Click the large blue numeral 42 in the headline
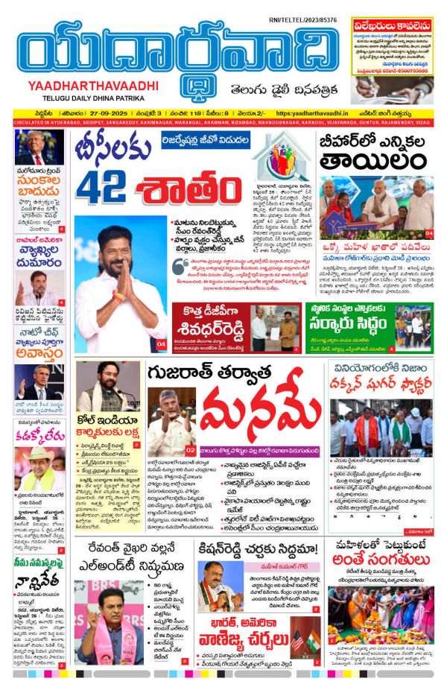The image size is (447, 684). [x=105, y=186]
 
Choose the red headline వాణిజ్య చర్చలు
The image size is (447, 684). [x=243, y=639]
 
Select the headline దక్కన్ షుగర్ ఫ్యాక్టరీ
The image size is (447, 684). [x=381, y=387]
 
